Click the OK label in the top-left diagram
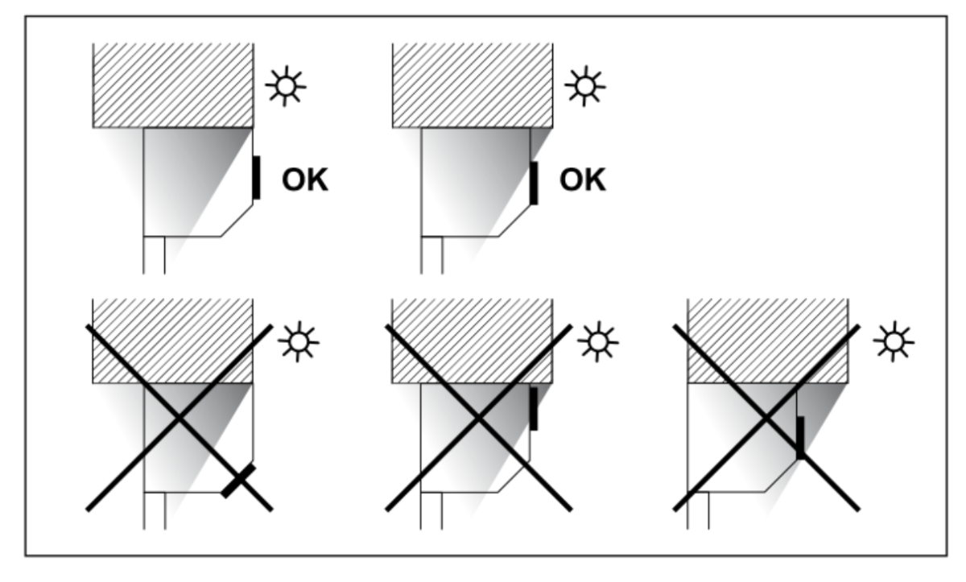tap(305, 180)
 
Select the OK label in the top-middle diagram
tap(583, 180)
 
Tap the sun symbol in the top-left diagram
tap(286, 86)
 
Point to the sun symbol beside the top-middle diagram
tap(585, 86)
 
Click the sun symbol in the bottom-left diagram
tap(299, 342)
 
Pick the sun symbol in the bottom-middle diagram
tap(597, 342)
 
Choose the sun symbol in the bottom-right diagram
tap(894, 342)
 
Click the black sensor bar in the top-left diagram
tap(256, 178)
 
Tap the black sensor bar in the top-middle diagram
tap(534, 184)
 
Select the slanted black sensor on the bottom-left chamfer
tap(238, 481)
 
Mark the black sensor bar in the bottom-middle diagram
tap(534, 409)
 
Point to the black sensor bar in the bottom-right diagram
tap(800, 438)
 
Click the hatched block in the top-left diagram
tap(173, 85)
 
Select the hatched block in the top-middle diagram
tap(473, 85)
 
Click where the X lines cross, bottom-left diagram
tap(180, 417)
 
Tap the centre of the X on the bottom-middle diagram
tap(479, 417)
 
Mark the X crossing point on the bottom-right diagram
tap(766, 417)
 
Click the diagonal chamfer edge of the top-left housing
tap(237, 221)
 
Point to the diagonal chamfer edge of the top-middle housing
tap(514, 221)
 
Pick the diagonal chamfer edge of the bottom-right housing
tap(781, 476)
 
